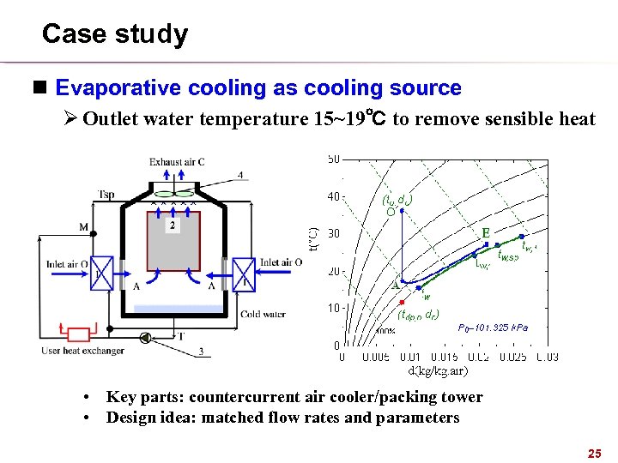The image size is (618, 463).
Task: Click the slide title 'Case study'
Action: pyautogui.click(x=114, y=34)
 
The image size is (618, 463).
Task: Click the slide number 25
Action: pyautogui.click(x=592, y=452)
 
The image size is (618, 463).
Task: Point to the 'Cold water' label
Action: pyautogui.click(x=263, y=314)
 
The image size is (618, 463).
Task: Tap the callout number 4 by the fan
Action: pyautogui.click(x=240, y=176)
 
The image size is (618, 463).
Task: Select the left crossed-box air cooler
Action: pyautogui.click(x=102, y=274)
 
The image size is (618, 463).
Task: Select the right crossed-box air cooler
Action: pyautogui.click(x=244, y=274)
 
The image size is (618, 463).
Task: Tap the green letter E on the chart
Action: pyautogui.click(x=486, y=232)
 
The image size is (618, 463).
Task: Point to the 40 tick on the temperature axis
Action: pyautogui.click(x=333, y=196)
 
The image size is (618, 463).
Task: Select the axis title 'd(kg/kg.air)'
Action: pyautogui.click(x=438, y=370)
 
